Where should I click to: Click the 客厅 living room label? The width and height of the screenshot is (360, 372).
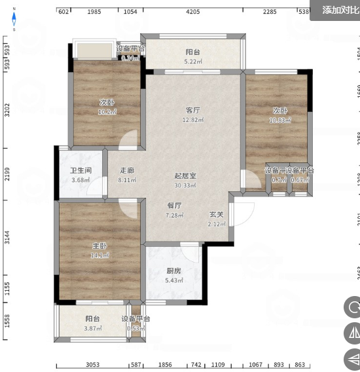tap(192, 110)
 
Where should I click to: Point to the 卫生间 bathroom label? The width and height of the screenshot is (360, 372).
tap(81, 171)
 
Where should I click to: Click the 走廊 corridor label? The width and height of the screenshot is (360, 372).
tap(127, 171)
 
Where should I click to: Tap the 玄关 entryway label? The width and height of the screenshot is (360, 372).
tap(217, 214)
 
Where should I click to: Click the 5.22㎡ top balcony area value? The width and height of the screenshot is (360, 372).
tap(192, 62)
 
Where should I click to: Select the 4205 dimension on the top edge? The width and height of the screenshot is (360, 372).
tap(192, 12)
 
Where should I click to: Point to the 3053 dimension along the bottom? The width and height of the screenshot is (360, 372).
tap(92, 364)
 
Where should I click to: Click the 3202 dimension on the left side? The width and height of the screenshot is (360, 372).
tap(7, 110)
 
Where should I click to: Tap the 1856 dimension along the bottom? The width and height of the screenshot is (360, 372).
tap(166, 364)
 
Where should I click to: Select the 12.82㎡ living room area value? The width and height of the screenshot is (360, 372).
tap(192, 120)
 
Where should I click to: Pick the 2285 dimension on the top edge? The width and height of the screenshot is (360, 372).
tap(270, 12)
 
